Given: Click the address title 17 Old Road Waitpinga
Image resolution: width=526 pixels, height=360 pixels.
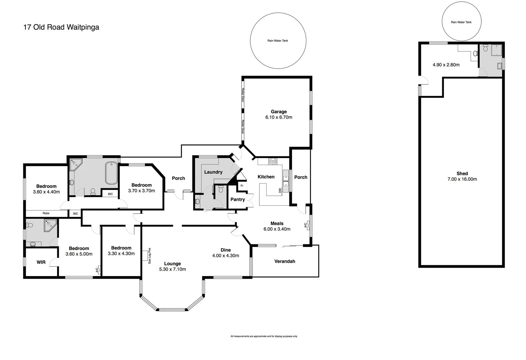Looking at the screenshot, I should click(x=61, y=27).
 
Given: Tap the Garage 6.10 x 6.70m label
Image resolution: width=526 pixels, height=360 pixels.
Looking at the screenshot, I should click(x=279, y=114).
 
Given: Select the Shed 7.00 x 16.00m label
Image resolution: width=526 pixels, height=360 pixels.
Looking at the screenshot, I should click(x=462, y=176).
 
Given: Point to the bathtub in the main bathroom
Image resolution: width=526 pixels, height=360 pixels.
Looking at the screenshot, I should click(x=111, y=173).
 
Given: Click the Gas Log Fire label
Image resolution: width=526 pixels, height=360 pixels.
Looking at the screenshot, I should click(x=150, y=256).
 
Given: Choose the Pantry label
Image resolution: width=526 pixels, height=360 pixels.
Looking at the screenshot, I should click(x=238, y=199).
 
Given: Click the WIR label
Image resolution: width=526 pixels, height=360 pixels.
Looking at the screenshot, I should click(x=41, y=262).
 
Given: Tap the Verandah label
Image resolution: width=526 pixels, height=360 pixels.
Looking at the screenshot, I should click(x=285, y=261).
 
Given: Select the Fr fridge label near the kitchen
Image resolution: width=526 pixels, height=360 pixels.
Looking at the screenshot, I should click(x=242, y=186).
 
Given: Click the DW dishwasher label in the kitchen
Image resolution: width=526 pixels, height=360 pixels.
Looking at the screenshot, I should click(x=280, y=190).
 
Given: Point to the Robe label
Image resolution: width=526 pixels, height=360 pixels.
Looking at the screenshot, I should click(x=46, y=213).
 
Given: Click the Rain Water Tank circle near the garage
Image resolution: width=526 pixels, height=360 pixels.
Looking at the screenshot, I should click(x=278, y=40).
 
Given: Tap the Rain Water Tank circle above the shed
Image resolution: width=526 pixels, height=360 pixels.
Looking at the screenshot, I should click(x=461, y=22).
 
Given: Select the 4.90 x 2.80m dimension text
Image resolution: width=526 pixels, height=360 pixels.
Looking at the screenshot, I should click(x=446, y=65).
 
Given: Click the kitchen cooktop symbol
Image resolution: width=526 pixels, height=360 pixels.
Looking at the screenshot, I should click(x=273, y=162).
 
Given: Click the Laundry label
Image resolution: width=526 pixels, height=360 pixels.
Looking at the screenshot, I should click(x=213, y=172).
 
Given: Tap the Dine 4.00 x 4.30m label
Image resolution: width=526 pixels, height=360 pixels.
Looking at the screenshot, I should click(x=226, y=253).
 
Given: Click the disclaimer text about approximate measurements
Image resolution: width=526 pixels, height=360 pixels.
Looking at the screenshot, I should click(x=264, y=336).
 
